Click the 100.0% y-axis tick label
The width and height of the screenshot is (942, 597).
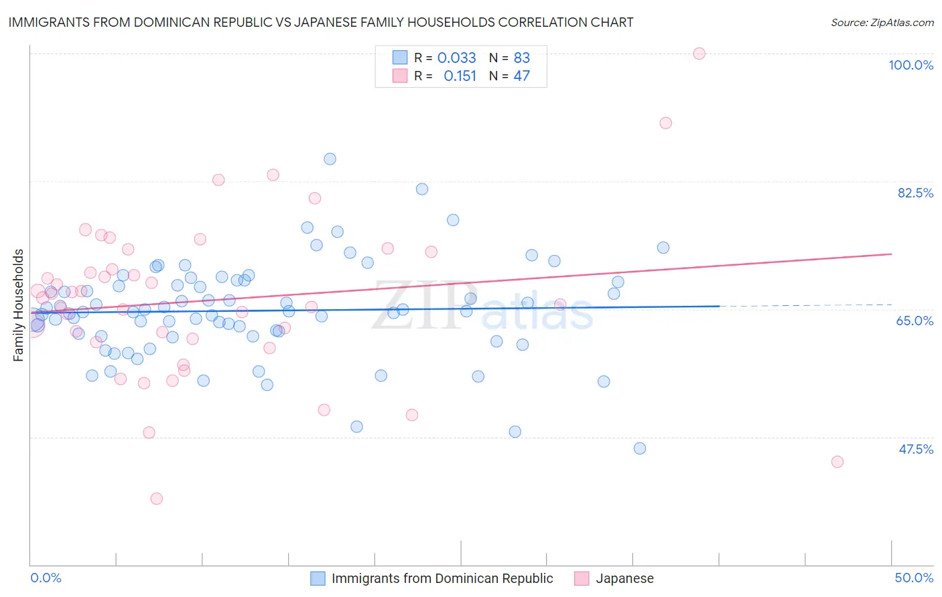click(x=911, y=65)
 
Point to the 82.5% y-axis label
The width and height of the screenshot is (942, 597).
click(x=915, y=193)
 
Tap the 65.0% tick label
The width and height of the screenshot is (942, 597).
click(x=915, y=321)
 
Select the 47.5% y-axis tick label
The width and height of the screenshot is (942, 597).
click(x=916, y=449)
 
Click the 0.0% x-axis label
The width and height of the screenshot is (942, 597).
click(x=46, y=578)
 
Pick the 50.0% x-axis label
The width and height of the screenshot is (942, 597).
click(x=914, y=578)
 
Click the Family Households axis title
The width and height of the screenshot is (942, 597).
click(x=19, y=305)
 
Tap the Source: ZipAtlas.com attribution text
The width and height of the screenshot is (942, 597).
click(x=882, y=22)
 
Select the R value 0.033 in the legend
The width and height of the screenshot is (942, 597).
click(x=456, y=58)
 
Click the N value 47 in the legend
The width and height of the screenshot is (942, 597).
click(x=521, y=76)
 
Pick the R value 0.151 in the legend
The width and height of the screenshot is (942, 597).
click(x=460, y=76)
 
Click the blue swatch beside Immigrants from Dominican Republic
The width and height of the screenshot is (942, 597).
click(x=318, y=578)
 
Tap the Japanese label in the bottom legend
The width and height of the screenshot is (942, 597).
click(x=624, y=578)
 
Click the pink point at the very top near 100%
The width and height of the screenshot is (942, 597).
click(x=699, y=54)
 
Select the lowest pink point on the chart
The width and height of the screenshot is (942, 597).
click(x=157, y=499)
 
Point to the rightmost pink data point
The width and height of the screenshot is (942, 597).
click(x=837, y=462)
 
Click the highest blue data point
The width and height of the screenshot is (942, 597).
click(x=330, y=159)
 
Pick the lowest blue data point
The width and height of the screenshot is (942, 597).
click(x=640, y=448)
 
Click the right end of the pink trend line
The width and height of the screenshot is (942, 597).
click(x=891, y=254)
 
